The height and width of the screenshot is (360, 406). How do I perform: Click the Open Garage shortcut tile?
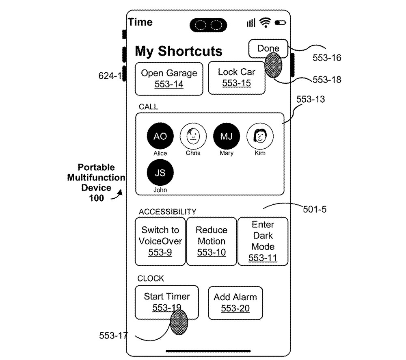click(x=169, y=78)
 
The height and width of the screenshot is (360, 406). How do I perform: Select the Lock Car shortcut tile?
click(x=236, y=78)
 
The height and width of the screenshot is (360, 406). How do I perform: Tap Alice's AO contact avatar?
click(x=160, y=137)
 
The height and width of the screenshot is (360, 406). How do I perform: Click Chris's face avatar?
click(x=193, y=136)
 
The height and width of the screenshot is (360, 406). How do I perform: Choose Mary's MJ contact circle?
click(x=227, y=136)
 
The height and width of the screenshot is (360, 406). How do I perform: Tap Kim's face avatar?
click(x=260, y=136)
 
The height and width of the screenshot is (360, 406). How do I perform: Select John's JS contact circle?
click(x=160, y=173)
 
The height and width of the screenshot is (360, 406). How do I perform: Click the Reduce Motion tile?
click(x=211, y=241)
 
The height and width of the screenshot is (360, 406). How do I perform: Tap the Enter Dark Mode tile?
click(x=263, y=241)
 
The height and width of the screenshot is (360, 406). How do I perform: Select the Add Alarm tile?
click(x=235, y=303)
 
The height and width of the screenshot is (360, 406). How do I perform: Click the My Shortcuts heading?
click(x=179, y=52)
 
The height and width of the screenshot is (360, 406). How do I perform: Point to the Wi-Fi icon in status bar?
click(x=266, y=23)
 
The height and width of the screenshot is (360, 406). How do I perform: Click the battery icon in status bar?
click(x=280, y=23)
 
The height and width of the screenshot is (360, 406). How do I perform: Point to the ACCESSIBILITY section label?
click(x=167, y=212)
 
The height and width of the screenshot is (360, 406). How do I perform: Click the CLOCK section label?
click(x=151, y=279)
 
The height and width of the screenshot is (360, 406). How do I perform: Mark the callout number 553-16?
click(x=326, y=58)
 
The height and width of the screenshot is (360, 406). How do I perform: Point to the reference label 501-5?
click(x=315, y=210)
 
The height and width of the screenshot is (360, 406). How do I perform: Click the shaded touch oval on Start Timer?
click(x=179, y=322)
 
